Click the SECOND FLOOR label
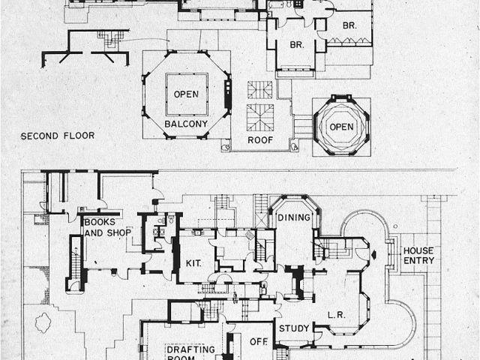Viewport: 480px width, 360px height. coord(51,136)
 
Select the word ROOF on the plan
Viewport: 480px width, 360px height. coord(259,139)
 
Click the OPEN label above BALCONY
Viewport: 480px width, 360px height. coord(186,94)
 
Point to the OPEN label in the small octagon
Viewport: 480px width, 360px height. coord(341,127)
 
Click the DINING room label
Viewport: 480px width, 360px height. coord(293,217)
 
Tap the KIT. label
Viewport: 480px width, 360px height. coord(192,263)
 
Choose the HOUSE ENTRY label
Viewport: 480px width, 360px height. coord(418,255)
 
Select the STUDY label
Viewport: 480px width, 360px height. coord(293,328)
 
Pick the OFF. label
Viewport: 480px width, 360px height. coord(259,342)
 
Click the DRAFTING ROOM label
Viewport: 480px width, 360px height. coord(191,352)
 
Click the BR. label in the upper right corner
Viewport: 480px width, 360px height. coord(349,24)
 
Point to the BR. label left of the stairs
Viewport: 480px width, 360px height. coord(296,44)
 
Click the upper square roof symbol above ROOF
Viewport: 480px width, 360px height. coord(260,88)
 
